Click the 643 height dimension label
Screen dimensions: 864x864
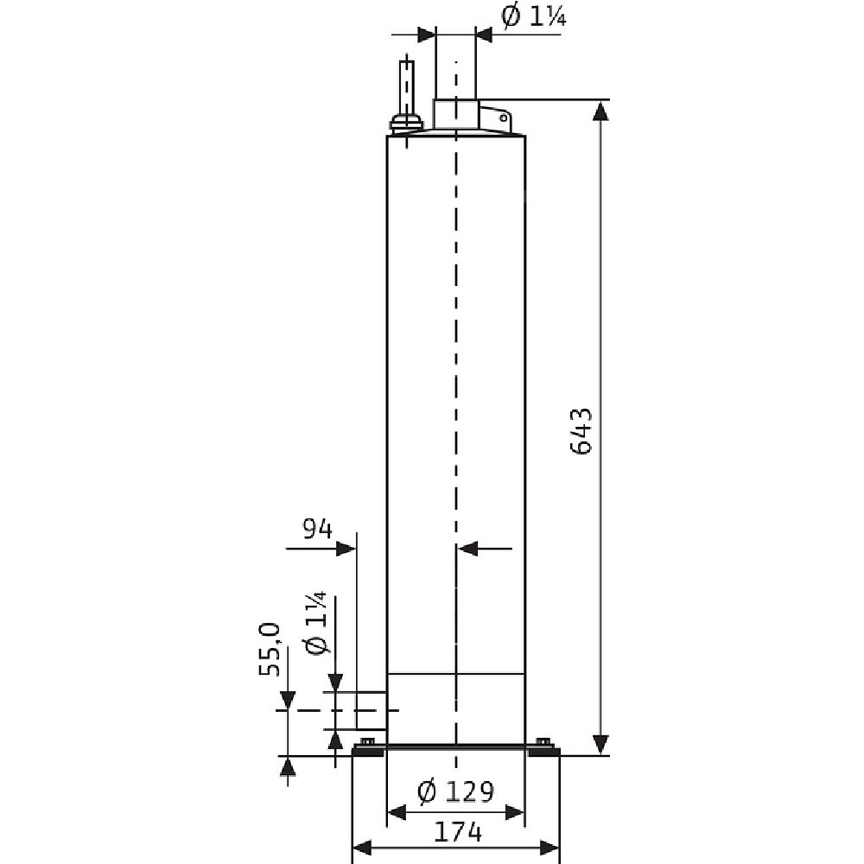click(581, 431)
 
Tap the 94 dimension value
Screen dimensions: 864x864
click(317, 529)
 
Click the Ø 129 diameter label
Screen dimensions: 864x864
click(455, 791)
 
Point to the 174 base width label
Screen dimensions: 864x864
click(458, 832)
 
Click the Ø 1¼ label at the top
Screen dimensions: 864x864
click(533, 17)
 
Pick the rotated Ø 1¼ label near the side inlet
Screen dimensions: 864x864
click(316, 623)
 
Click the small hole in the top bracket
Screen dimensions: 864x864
click(504, 118)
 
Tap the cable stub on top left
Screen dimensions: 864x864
click(407, 87)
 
